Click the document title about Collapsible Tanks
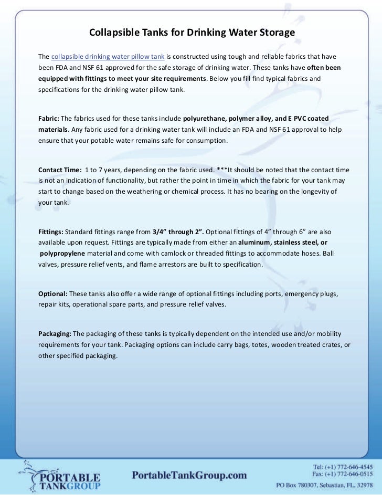192,33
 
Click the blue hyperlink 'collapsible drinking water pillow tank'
108,56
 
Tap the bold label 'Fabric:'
49,118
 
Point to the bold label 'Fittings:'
51,231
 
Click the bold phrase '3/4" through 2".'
178,231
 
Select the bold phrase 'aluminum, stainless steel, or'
283,243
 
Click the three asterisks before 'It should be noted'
221,170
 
